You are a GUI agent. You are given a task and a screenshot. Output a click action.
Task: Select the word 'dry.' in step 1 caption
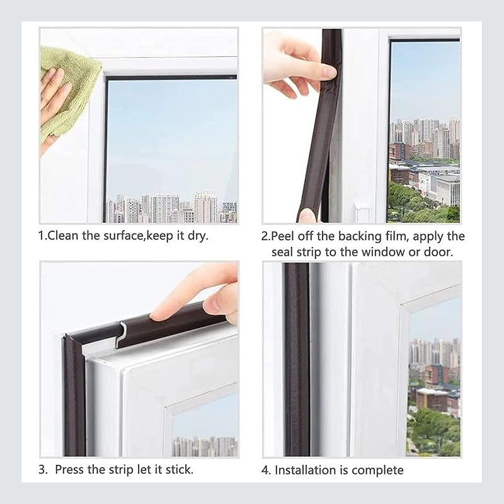point(197,236)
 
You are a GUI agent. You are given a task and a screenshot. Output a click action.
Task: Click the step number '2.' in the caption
point(266,237)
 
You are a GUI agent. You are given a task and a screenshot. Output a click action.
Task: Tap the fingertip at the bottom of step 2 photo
point(307,215)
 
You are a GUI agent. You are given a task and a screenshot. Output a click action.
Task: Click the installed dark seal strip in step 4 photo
point(297,359)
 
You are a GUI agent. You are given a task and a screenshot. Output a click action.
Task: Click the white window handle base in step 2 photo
point(363,213)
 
